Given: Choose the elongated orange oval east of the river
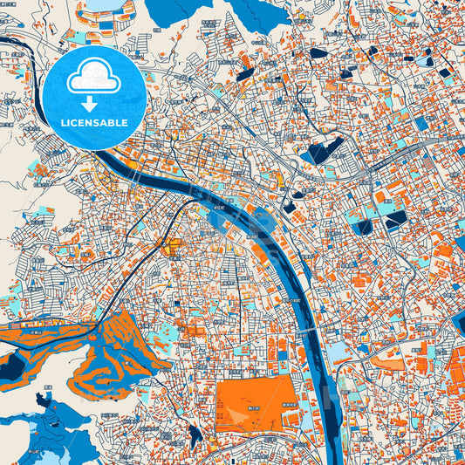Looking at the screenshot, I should tap(386, 355).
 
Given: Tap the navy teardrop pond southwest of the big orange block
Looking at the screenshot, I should tap(195, 433).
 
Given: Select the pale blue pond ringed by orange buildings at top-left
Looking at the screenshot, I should tap(106, 5).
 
